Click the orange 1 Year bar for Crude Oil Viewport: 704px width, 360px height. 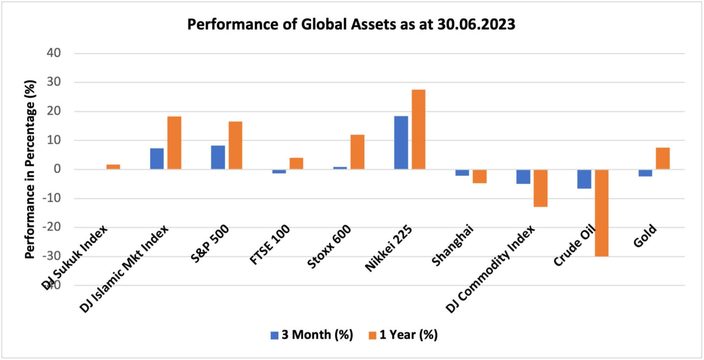coord(601,213)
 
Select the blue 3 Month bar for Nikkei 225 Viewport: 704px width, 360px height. coord(401,143)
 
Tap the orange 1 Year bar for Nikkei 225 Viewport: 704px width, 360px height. coord(418,129)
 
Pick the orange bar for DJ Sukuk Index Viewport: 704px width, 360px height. coord(113,166)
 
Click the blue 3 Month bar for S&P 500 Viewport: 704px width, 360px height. coord(218,157)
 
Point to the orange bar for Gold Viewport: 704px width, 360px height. coord(663,158)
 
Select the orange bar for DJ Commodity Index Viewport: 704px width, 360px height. coord(540,188)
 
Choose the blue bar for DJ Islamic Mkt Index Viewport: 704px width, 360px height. coord(157,159)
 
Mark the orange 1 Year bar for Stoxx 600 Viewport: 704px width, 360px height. coord(357,152)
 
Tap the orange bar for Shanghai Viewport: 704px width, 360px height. coord(479,176)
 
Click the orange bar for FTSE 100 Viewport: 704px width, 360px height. coord(296,163)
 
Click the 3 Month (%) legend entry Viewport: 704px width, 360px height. coord(312,335)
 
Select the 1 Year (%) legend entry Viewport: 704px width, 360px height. coord(403,335)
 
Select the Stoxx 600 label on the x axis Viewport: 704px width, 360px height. coord(330,246)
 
